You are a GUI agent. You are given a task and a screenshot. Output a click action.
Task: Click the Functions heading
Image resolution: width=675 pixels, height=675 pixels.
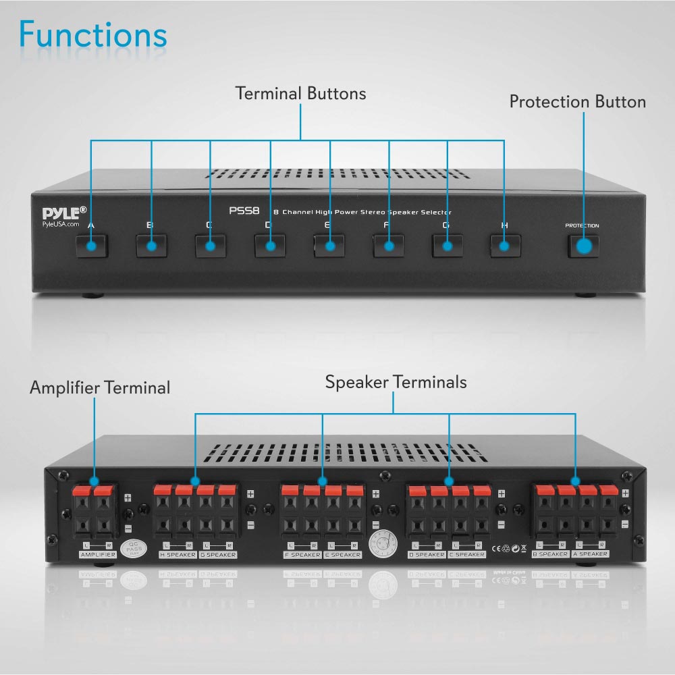pyautogui.click(x=93, y=35)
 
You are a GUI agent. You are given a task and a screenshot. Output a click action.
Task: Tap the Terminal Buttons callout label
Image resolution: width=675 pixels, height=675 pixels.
pyautogui.click(x=300, y=93)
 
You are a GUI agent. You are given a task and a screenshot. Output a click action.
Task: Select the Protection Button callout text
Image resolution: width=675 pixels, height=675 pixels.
pyautogui.click(x=577, y=102)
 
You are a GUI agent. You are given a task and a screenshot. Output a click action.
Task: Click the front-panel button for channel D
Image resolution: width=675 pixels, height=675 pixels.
pyautogui.click(x=270, y=246)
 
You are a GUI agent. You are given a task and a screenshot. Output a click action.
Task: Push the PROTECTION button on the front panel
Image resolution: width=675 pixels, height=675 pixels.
pyautogui.click(x=584, y=246)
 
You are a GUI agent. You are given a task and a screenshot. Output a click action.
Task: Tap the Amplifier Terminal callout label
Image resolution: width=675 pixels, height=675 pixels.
pyautogui.click(x=100, y=388)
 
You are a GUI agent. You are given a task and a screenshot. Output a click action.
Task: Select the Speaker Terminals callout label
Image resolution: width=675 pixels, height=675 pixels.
pyautogui.click(x=396, y=382)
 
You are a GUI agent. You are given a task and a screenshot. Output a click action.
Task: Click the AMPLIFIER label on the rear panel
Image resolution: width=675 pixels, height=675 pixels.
pyautogui.click(x=98, y=555)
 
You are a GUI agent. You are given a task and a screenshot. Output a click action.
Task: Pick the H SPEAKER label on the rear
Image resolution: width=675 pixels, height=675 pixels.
pyautogui.click(x=177, y=555)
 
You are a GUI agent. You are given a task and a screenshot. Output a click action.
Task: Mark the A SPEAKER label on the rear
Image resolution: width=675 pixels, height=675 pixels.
pyautogui.click(x=591, y=553)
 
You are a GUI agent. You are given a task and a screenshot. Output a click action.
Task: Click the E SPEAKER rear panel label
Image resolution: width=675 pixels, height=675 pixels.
pyautogui.click(x=342, y=555)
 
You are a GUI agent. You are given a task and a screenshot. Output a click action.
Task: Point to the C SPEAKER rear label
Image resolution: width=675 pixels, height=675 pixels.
pyautogui.click(x=467, y=555)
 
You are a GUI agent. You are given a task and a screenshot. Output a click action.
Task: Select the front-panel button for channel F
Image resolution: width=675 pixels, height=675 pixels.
pyautogui.click(x=388, y=246)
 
